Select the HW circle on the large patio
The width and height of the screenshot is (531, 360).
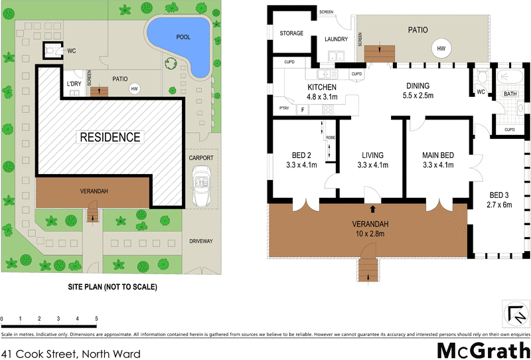coord(440,48)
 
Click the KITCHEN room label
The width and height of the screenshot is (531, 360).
coord(321,87)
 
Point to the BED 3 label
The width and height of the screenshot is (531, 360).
coord(500,194)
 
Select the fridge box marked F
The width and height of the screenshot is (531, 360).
coord(303,109)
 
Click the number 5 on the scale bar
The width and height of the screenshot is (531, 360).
coord(97,319)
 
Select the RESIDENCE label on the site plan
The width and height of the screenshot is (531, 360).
coord(110,138)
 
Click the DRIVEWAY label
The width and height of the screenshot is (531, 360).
coord(200,241)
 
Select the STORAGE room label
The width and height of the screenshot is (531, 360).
coord(291,33)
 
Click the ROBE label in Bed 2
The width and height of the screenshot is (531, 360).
coord(330,137)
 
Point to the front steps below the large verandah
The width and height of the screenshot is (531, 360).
coord(366,269)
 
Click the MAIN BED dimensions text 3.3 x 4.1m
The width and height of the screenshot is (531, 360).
coord(437,165)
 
